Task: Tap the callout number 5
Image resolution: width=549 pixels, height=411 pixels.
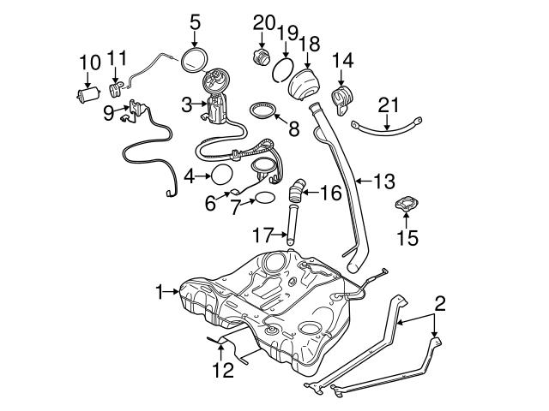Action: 195,18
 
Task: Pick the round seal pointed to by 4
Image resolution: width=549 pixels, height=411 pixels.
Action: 222,176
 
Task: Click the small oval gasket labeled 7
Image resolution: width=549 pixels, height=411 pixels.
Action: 265,200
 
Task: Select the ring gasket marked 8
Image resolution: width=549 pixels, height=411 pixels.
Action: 265,112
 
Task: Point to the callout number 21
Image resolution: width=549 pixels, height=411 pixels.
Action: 389,104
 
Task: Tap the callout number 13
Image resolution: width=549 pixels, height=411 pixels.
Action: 385,181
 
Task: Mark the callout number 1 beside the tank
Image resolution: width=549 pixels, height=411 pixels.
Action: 159,293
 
